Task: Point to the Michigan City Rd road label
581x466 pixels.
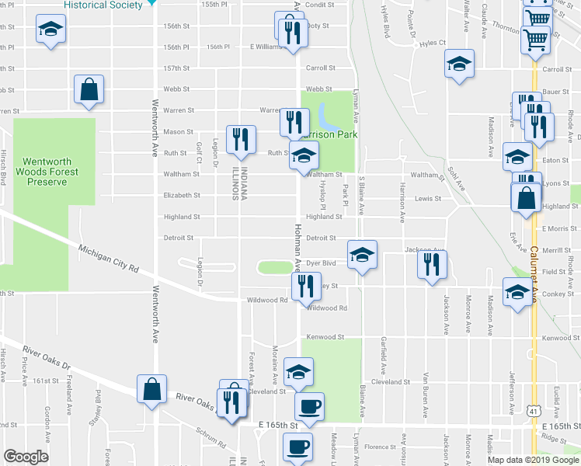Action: coord(108,258)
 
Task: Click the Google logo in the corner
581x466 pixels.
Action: coord(26,457)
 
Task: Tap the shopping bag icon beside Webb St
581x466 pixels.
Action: coord(89,89)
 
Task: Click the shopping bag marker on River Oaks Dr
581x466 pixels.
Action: coord(151,388)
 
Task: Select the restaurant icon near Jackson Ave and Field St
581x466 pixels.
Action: coord(432,265)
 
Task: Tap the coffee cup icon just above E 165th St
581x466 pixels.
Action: coord(309,406)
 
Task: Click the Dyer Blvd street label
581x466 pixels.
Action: coord(320,263)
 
